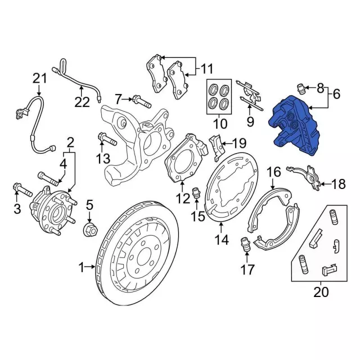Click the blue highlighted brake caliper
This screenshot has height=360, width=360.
click(295, 127)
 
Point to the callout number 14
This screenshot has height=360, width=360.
click(221, 240)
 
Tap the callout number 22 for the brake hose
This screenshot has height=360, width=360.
click(82, 102)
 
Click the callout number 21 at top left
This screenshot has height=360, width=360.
click(39, 78)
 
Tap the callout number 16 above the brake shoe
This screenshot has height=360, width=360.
click(273, 172)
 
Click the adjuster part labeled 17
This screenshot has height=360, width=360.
click(245, 245)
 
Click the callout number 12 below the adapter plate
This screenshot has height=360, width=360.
click(182, 198)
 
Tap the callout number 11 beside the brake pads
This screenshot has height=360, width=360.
click(207, 70)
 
